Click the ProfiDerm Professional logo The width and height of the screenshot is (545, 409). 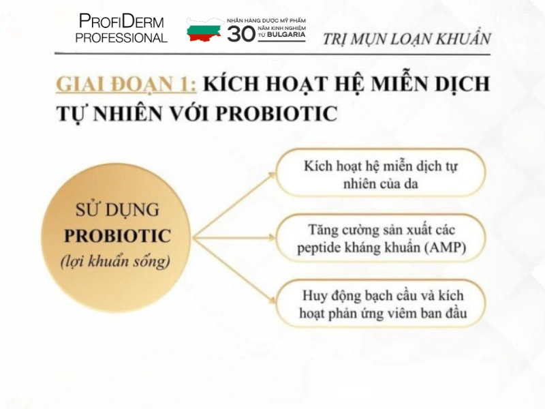[121, 29]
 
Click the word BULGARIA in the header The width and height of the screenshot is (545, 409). [285, 33]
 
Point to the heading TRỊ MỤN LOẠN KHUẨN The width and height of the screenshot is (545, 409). [406, 38]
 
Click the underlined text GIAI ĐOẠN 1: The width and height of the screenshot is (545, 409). [127, 84]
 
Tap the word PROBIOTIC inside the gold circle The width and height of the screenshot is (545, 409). [117, 236]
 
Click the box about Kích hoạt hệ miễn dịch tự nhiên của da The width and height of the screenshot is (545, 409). [381, 175]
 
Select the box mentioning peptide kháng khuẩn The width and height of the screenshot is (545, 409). [381, 239]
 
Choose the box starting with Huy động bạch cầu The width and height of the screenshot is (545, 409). [382, 305]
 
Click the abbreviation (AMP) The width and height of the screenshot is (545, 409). [445, 248]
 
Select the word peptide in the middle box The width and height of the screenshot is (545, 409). [320, 248]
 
